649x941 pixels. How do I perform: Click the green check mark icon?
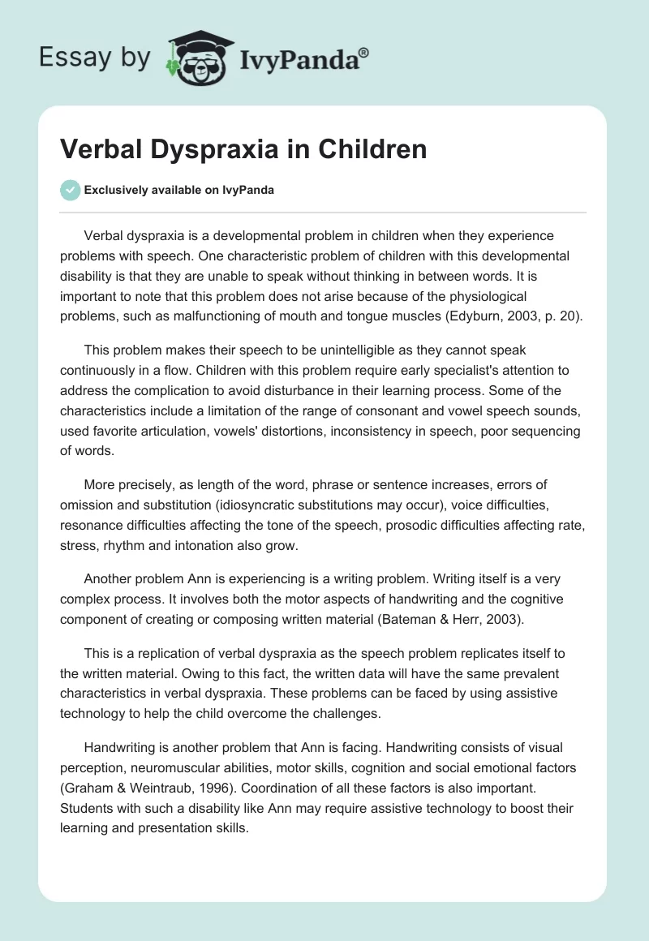[x=71, y=190]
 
